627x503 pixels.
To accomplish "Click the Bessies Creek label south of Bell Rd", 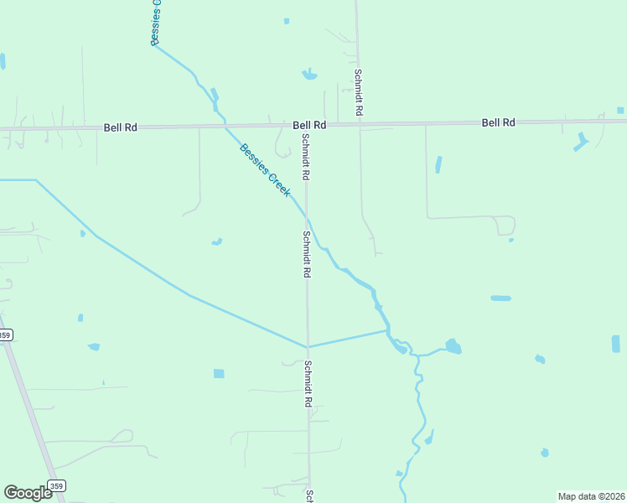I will click(x=265, y=171).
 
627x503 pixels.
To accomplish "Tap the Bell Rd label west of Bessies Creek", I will click(x=120, y=127).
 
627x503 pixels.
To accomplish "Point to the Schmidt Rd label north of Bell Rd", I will click(x=358, y=92).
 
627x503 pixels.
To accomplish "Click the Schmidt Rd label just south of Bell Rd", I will click(x=307, y=158).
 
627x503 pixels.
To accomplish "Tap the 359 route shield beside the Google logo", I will click(x=56, y=486).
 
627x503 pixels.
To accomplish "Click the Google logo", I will click(x=28, y=493).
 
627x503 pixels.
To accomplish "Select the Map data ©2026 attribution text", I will click(x=592, y=496).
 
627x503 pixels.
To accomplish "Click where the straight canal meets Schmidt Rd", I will click(x=308, y=346).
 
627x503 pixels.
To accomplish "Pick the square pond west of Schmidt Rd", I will click(x=219, y=373).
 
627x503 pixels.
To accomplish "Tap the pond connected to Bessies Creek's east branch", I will click(x=453, y=346).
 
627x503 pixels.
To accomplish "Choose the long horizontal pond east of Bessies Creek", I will click(x=500, y=298).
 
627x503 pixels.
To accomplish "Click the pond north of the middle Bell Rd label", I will click(x=309, y=75).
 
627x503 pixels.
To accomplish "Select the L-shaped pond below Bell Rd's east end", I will click(x=581, y=141).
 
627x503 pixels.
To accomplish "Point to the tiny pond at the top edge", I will click(x=286, y=20).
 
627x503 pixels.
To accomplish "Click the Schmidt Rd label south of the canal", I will click(x=308, y=384).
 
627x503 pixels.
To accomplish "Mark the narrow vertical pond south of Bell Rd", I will click(x=438, y=164).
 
